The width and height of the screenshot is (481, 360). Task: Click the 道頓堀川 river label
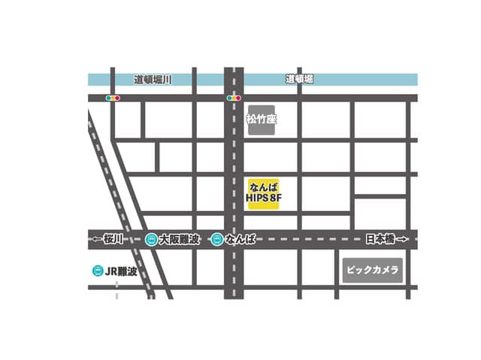[153, 79]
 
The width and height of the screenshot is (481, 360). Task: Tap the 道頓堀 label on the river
[299, 79]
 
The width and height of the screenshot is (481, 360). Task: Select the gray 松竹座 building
[262, 119]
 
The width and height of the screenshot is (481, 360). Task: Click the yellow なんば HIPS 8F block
[263, 192]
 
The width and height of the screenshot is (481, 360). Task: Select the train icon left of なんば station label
[217, 239]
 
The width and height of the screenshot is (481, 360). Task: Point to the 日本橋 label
[379, 239]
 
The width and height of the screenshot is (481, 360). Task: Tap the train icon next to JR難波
[97, 271]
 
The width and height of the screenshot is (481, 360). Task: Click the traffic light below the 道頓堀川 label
[113, 98]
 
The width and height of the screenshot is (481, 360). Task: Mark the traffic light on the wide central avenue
[234, 98]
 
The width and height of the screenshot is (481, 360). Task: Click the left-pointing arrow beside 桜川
[97, 239]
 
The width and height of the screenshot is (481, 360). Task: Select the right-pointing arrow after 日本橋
[402, 239]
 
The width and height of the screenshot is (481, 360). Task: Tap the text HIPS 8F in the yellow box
[263, 199]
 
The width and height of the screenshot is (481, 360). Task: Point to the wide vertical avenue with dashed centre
[234, 165]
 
